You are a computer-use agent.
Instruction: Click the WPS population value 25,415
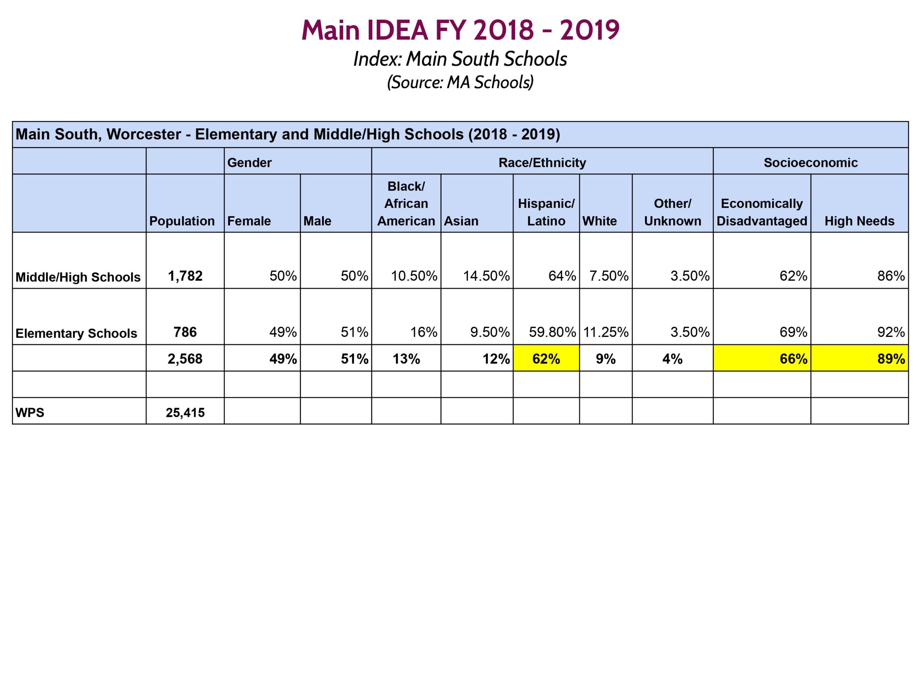(x=185, y=412)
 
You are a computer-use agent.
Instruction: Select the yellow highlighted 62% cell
(x=546, y=358)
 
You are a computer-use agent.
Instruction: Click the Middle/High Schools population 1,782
(x=185, y=276)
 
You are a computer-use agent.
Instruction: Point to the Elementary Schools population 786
(x=185, y=332)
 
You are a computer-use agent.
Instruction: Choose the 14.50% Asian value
(x=486, y=276)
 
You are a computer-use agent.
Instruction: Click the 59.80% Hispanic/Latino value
(x=552, y=332)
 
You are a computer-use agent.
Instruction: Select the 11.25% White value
(x=605, y=332)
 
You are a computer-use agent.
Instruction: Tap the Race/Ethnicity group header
(x=542, y=162)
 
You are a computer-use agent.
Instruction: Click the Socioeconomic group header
(x=810, y=162)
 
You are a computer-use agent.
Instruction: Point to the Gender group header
(x=249, y=162)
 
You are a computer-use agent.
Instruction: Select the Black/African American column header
(x=406, y=203)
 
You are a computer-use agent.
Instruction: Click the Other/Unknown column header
(x=672, y=212)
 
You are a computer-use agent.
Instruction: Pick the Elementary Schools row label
(x=76, y=333)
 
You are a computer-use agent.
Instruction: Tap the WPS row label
(x=30, y=412)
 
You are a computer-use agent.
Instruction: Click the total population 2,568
(x=185, y=358)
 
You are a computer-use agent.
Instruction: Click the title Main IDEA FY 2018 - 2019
(x=460, y=30)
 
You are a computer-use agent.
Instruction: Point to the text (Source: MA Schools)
(x=460, y=82)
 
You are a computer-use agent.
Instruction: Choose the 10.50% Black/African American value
(x=413, y=276)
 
